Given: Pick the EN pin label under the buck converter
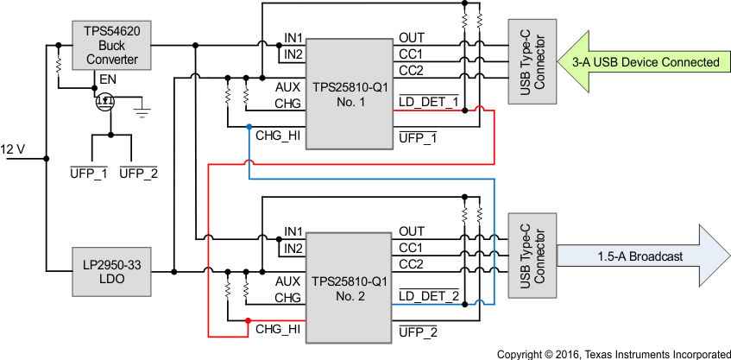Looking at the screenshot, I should click(106, 79).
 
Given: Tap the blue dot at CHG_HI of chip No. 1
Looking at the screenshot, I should click(249, 127).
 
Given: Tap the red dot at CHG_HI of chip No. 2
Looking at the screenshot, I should click(249, 322).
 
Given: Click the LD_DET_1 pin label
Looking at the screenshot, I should click(428, 103).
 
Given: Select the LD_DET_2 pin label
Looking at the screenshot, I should click(428, 298).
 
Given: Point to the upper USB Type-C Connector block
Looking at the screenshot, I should click(527, 62).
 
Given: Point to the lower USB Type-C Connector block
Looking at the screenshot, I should click(527, 257).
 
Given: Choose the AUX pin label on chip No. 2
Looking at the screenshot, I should click(287, 282).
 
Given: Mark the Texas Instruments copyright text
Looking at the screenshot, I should click(613, 353).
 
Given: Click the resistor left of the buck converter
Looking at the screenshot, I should click(58, 65).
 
